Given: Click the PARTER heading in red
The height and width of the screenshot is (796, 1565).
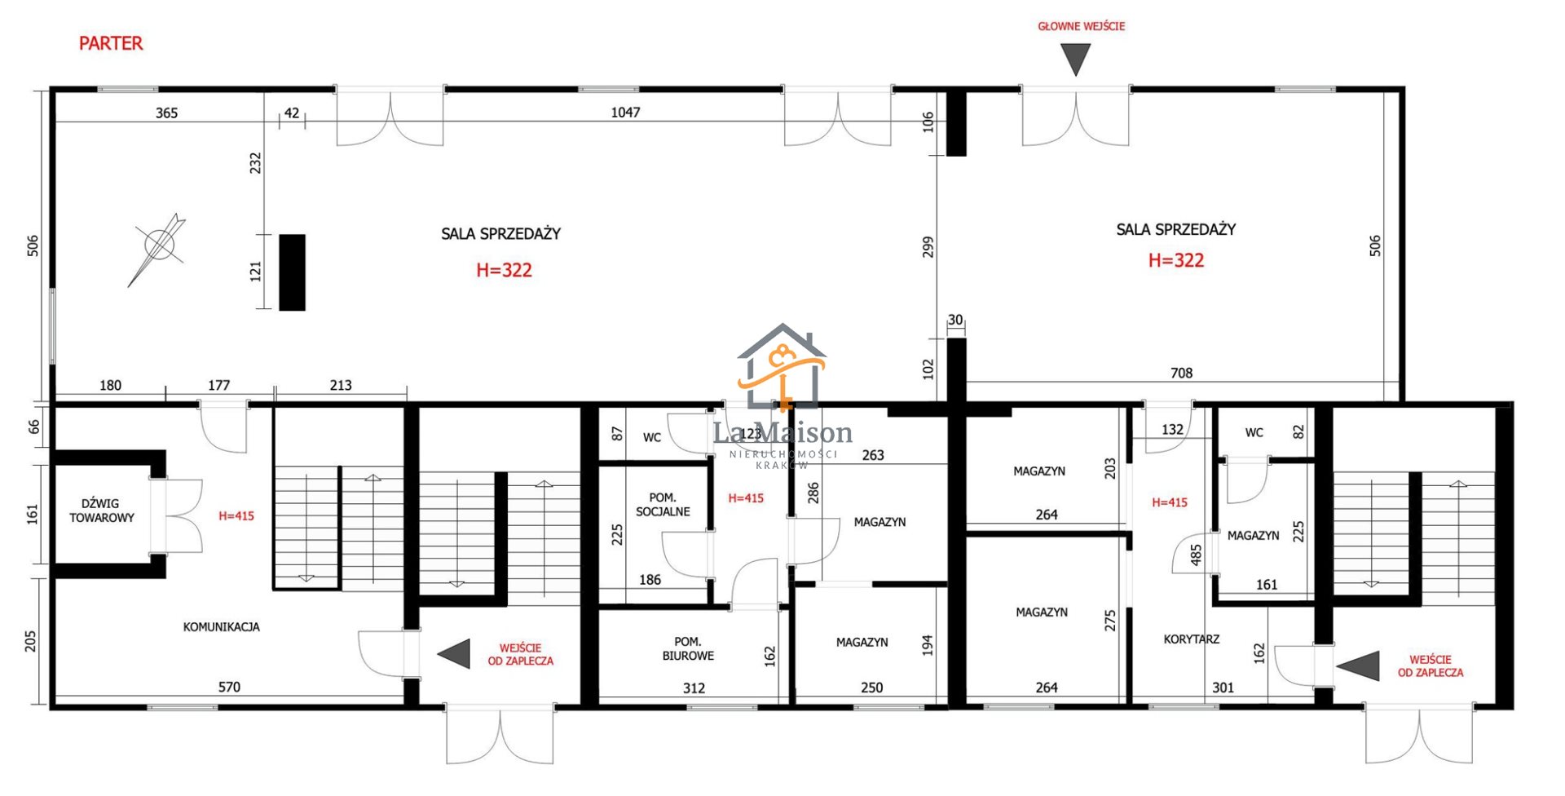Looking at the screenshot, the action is [x=111, y=43].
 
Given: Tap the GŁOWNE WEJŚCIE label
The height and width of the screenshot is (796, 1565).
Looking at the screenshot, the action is [x=1081, y=26].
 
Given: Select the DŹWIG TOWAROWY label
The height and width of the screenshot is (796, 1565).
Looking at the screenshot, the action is [x=102, y=511].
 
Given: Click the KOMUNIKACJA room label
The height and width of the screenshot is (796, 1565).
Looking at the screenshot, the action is [x=222, y=627].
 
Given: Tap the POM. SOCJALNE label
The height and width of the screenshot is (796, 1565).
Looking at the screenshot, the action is [x=663, y=505].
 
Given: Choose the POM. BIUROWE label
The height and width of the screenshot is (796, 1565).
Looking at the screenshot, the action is [x=688, y=648].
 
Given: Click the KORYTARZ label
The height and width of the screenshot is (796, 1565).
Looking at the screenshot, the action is [x=1192, y=639].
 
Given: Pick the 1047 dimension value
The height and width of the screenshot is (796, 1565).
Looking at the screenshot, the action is [x=626, y=113].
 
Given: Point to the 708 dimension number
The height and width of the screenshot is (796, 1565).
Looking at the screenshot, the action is [x=1181, y=374].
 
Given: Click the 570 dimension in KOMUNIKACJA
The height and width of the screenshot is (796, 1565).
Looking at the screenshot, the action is [x=229, y=688].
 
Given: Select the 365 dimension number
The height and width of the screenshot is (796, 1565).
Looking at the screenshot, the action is [x=166, y=113].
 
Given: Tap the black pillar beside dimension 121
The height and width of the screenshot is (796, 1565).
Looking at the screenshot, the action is [x=292, y=272].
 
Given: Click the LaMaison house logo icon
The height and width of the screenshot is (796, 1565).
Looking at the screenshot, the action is [x=782, y=367].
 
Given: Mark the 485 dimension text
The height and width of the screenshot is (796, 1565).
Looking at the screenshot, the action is [x=1197, y=555].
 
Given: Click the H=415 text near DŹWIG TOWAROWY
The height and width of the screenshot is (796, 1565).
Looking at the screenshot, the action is [x=236, y=516].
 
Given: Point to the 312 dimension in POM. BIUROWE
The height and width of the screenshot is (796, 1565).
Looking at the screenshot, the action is [x=694, y=688].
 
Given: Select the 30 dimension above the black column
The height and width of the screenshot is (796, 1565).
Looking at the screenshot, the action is [x=955, y=321].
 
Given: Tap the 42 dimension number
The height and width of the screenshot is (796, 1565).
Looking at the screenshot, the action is [x=292, y=113].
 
